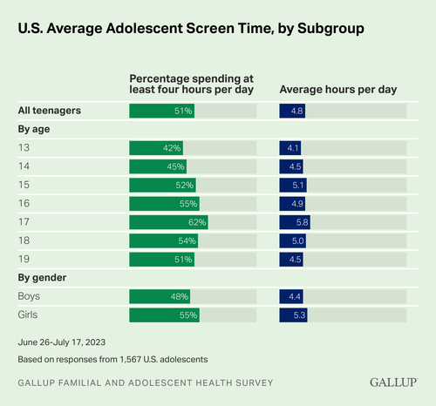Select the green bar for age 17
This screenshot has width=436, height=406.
coord(168,222)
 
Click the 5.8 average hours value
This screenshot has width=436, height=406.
coord(302,222)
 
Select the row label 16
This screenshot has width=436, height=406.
coord(24,204)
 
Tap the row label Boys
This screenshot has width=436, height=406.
coord(31,296)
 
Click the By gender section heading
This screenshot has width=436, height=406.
coord(44,278)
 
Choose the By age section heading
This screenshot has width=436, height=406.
coord(37,129)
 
